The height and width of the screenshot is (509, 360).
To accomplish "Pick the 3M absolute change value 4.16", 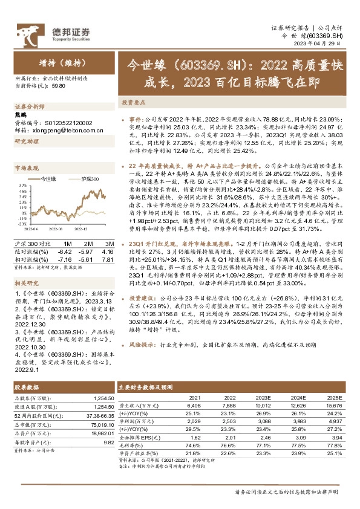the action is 108,251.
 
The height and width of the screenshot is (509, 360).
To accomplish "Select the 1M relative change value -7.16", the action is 65,259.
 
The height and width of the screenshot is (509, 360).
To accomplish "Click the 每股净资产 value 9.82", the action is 109,442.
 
